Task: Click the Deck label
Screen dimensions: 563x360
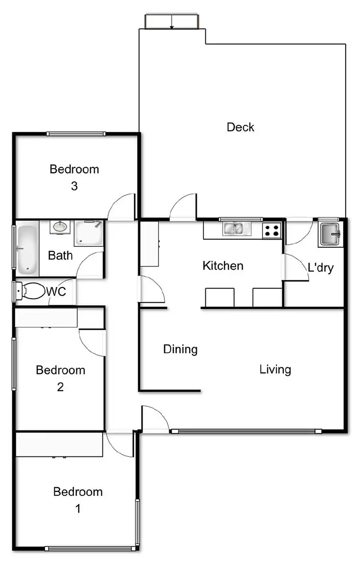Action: coord(240,127)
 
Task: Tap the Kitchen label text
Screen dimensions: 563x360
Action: coord(223,265)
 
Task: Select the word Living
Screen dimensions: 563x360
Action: coord(275,370)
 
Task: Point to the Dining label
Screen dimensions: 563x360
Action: coord(180,349)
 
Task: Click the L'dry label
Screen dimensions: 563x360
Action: coord(320,268)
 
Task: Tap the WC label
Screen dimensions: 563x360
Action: coord(56,292)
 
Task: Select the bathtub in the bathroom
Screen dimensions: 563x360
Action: coord(27,249)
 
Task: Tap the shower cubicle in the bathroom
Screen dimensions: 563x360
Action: coord(88,233)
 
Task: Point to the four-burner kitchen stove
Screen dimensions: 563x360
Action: coord(272,230)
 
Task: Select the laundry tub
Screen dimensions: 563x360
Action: coord(331,234)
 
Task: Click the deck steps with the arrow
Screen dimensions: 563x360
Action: coord(171,22)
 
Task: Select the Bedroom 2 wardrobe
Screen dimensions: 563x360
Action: coord(46,318)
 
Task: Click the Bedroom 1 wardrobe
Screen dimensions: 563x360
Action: coord(59,444)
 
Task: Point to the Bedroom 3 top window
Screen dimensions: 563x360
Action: coord(76,134)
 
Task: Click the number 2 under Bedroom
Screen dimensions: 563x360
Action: coord(60,387)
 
